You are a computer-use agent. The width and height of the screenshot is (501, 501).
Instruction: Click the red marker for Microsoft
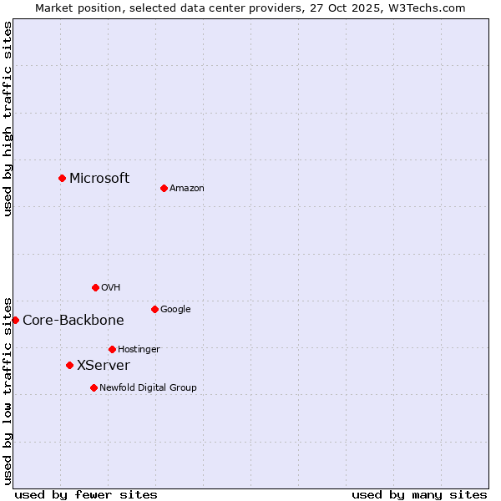point(62,178)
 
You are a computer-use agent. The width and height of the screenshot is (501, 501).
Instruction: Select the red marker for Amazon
point(164,188)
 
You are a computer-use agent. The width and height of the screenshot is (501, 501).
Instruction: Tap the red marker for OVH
point(95,287)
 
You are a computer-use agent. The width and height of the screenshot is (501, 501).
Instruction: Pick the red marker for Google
point(154,309)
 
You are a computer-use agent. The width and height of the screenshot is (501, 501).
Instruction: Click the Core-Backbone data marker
point(15,320)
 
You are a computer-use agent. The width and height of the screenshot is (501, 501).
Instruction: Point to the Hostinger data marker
point(112,349)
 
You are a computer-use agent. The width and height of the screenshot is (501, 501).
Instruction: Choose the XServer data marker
point(69,365)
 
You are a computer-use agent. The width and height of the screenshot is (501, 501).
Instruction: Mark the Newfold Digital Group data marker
point(94,387)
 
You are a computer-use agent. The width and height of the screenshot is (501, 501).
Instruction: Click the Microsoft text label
point(99,178)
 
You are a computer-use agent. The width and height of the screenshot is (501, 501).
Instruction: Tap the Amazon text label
point(187,189)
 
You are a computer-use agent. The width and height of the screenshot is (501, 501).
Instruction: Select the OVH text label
point(111,288)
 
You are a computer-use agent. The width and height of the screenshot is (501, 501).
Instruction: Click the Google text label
point(175,310)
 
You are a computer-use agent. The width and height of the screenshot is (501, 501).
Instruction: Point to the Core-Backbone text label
point(73,321)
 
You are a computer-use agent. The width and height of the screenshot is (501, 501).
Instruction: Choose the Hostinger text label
point(139,350)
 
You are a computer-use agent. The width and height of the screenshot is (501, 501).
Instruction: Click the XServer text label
point(104,366)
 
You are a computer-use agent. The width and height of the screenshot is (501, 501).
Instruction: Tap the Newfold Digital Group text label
point(148,388)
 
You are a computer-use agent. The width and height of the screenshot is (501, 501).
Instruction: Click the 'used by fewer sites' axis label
point(86,494)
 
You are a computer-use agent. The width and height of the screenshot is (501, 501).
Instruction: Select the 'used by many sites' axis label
point(419,494)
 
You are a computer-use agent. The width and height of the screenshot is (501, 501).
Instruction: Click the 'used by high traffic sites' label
point(8,119)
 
